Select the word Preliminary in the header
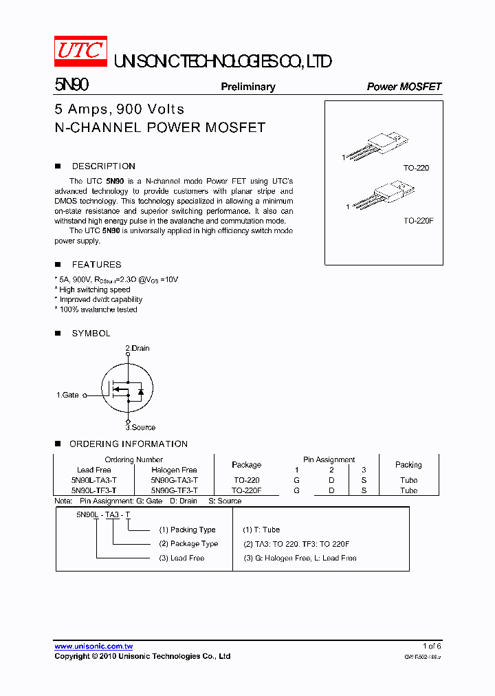[247, 87]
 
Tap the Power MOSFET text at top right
[404, 87]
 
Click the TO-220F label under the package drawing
[419, 221]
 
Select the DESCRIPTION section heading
[103, 166]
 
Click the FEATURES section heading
[96, 265]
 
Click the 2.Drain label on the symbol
[137, 349]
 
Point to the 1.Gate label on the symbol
[67, 395]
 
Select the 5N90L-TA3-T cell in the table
[93, 480]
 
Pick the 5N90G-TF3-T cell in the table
[175, 490]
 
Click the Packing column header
[408, 465]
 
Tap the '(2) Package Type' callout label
[188, 544]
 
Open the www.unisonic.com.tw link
[93, 646]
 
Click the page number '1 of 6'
[432, 646]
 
